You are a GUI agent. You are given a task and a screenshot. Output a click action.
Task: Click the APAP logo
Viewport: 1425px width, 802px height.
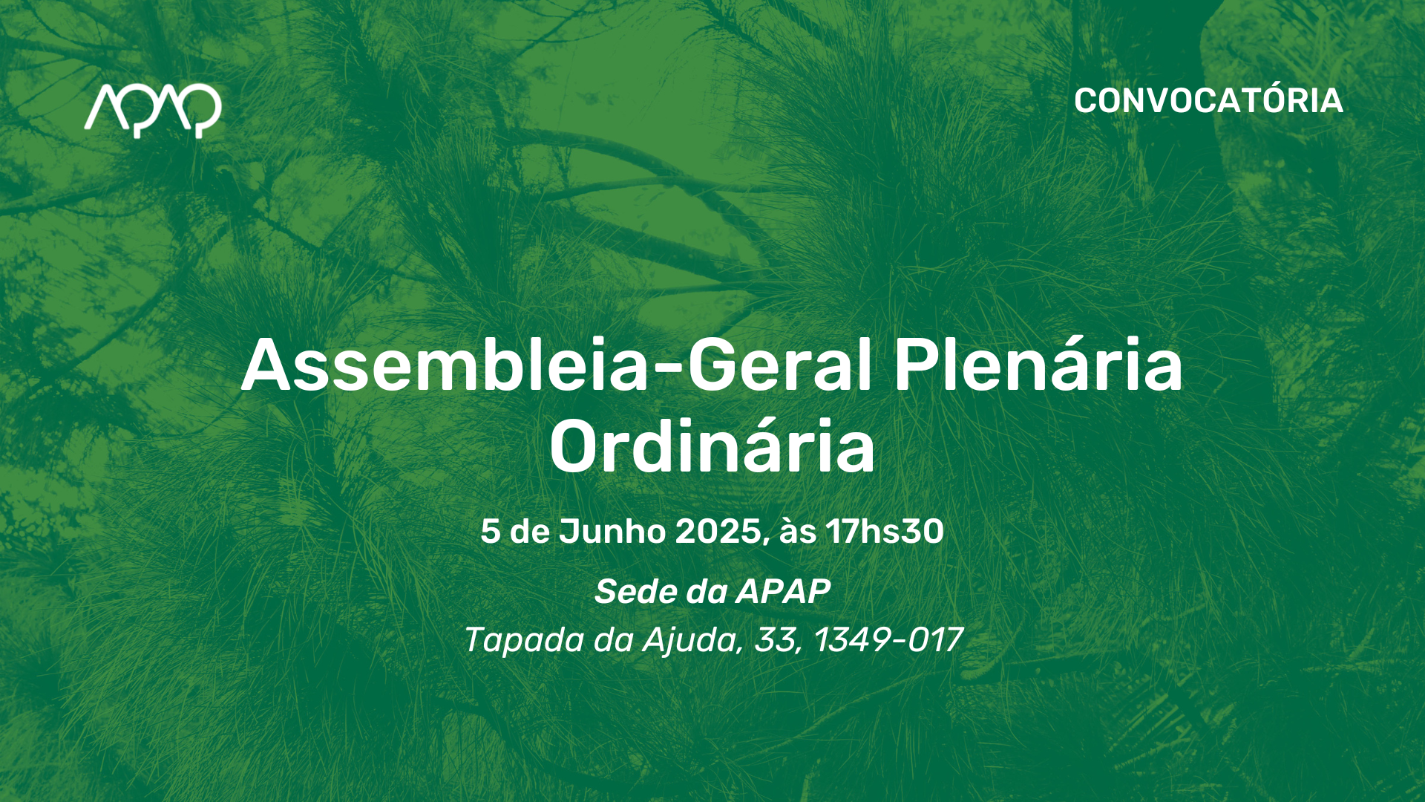tap(153, 111)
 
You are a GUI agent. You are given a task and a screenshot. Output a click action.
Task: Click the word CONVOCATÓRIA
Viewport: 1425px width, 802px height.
tap(1208, 101)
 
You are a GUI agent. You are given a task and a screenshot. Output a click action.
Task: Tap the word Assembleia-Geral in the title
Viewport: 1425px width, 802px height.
tap(557, 365)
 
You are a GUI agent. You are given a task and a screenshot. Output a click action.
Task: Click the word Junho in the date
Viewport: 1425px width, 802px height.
tap(612, 532)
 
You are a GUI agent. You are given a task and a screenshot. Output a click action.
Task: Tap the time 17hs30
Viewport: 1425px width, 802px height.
tap(885, 532)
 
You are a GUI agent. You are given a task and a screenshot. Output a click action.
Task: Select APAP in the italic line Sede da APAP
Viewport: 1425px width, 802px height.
tap(783, 592)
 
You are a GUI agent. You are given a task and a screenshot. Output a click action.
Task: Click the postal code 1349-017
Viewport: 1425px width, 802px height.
tap(888, 640)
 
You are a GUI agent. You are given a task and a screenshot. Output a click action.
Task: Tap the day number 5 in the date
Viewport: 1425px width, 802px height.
tap(490, 532)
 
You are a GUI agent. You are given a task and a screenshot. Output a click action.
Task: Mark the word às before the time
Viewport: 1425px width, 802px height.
tap(798, 532)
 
